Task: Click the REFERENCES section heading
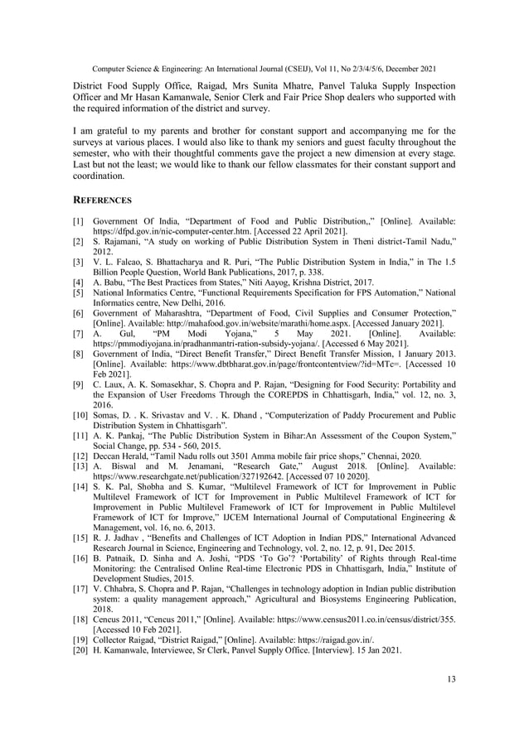pyautogui.click(x=102, y=200)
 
